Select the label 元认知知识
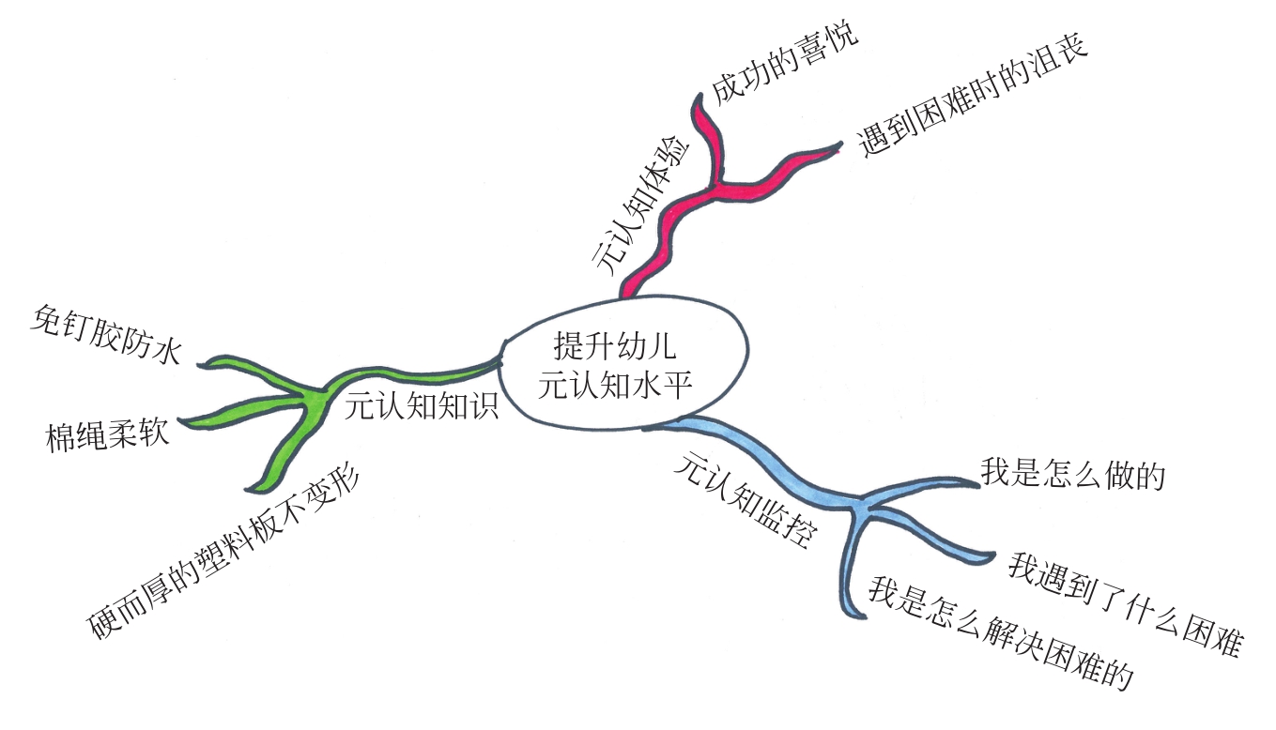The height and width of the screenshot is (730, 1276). pos(421,406)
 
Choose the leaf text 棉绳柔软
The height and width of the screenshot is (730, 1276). pos(107,433)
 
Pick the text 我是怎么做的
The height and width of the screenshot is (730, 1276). pos(1072,474)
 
